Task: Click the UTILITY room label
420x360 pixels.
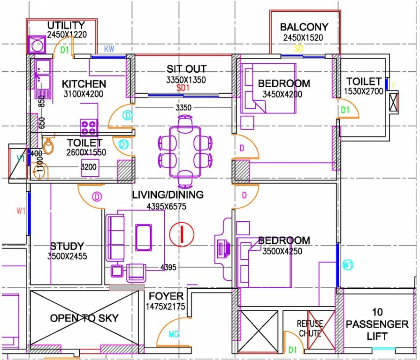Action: click(x=66, y=25)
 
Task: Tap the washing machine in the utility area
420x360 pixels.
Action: click(x=37, y=45)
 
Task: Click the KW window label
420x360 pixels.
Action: click(x=109, y=49)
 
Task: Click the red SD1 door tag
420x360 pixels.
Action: click(x=183, y=88)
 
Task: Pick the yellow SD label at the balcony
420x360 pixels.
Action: click(x=298, y=48)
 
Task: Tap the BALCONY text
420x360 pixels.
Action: click(x=304, y=27)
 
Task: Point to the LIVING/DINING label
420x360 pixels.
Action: click(x=168, y=195)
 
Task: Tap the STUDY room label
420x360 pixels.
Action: click(x=67, y=246)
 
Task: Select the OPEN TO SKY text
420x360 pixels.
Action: click(x=84, y=318)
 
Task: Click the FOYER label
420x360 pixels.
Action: click(x=166, y=296)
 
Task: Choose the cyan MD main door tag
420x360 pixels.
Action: click(x=174, y=335)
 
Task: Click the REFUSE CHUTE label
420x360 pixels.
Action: click(x=310, y=329)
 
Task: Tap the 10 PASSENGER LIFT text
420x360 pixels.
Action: click(x=377, y=324)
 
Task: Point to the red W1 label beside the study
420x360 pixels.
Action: click(x=20, y=211)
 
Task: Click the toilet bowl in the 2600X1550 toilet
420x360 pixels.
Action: click(x=48, y=148)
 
